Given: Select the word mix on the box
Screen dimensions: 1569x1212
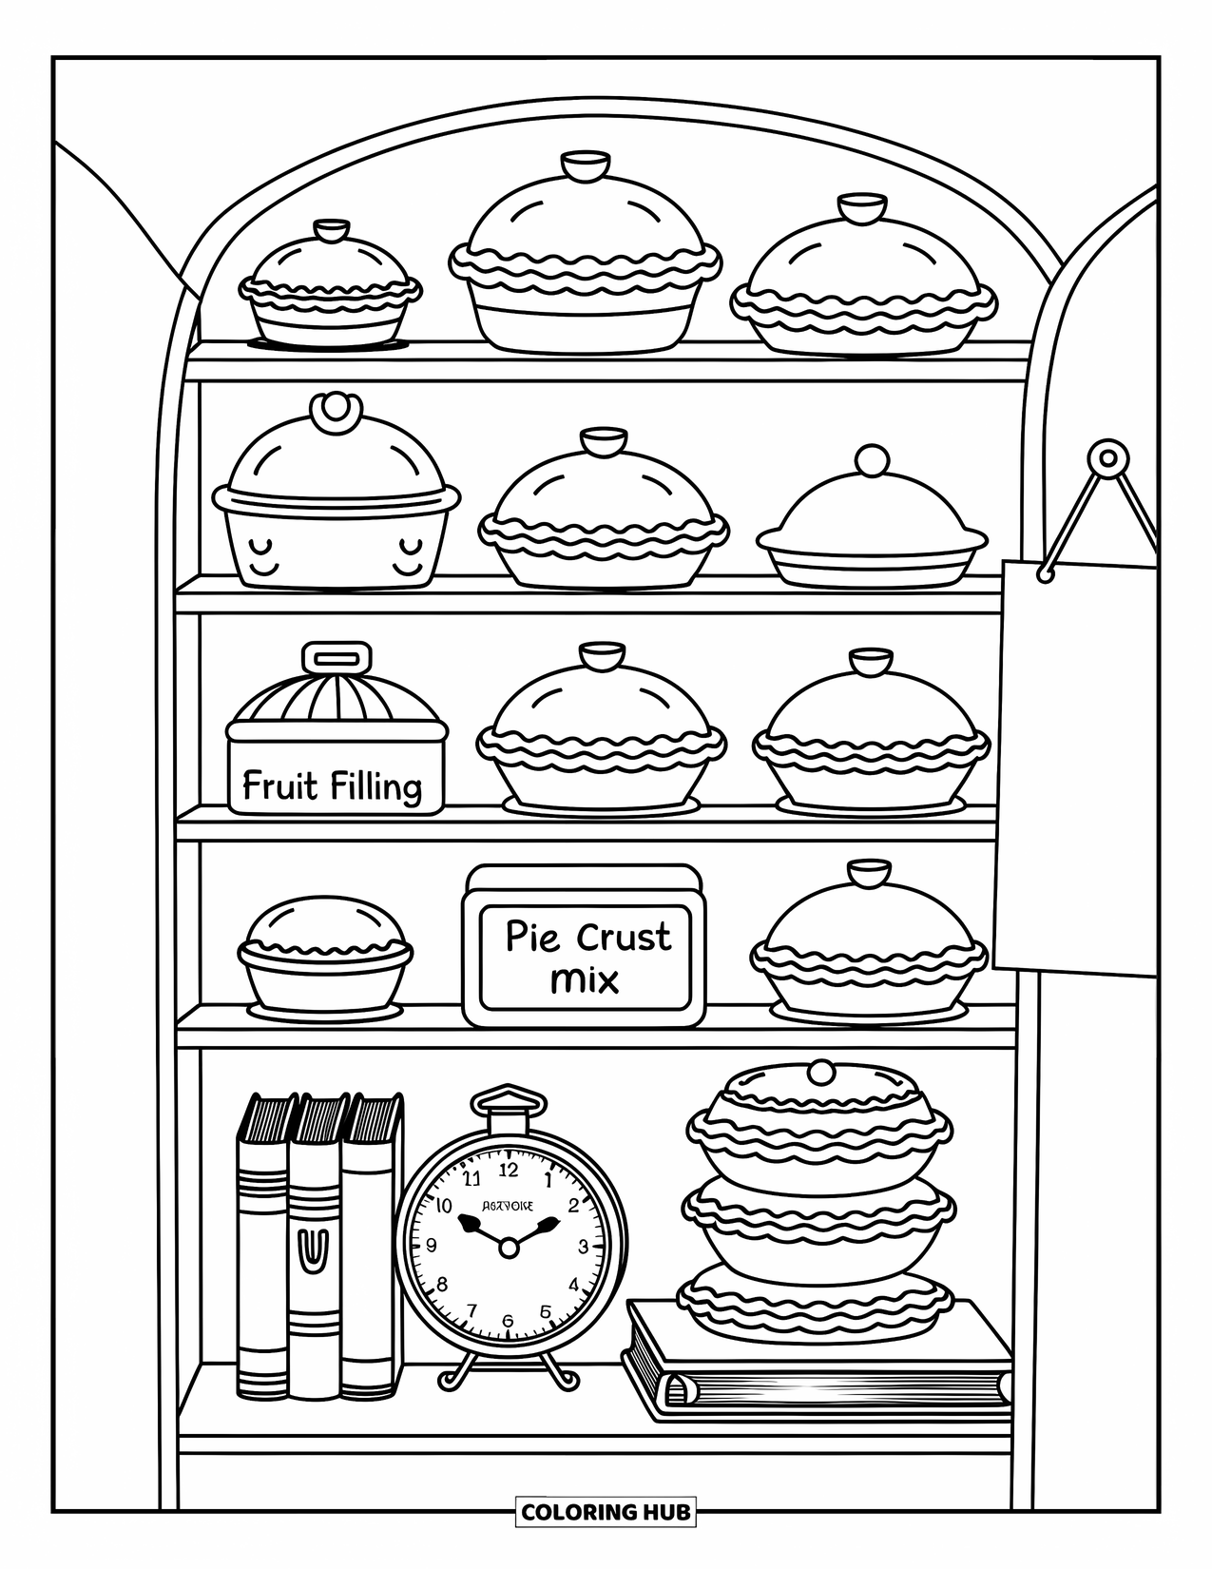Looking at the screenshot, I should click(x=585, y=979).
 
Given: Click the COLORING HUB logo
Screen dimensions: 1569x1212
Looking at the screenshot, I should click(x=606, y=1511).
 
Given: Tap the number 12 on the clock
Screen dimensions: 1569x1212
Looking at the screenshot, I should click(x=509, y=1170).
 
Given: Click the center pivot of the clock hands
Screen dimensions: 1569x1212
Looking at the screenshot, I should click(x=509, y=1247).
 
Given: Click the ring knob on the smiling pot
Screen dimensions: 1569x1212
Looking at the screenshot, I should click(x=336, y=410).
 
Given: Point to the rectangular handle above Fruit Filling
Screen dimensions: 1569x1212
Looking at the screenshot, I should click(x=337, y=658).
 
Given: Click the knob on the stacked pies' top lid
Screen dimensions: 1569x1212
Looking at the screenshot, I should click(x=819, y=1073).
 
